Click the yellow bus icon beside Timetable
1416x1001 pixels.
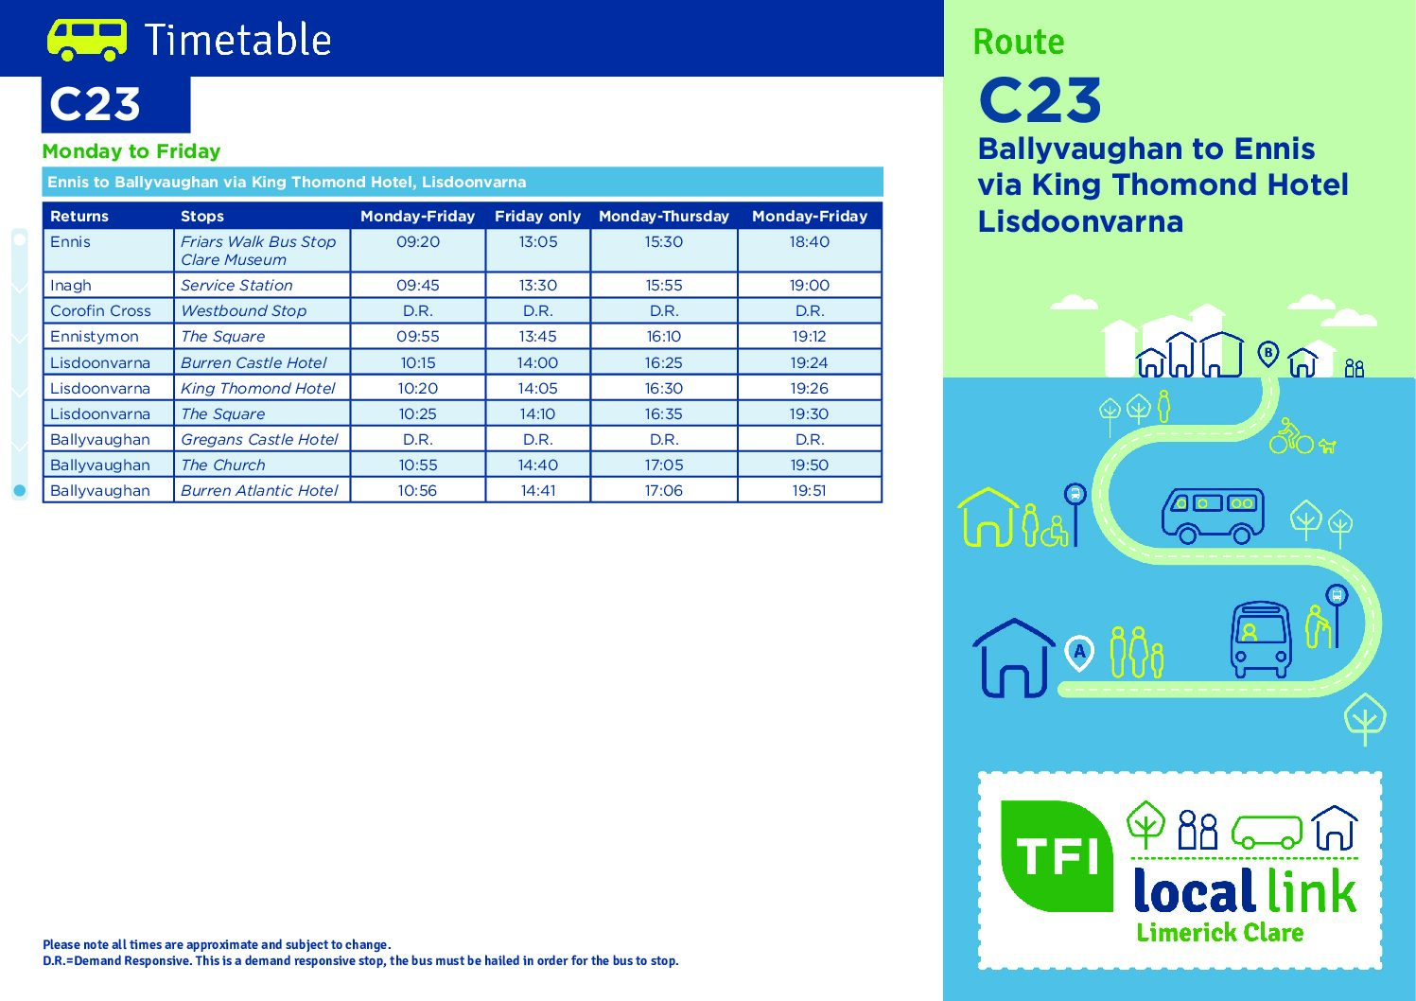[x=87, y=39]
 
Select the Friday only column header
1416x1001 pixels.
[x=537, y=217]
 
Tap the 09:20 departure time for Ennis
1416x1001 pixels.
[x=418, y=241]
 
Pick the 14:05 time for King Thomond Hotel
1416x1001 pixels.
[x=538, y=388]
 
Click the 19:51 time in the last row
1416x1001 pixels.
[x=809, y=491]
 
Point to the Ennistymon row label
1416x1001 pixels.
[x=95, y=337]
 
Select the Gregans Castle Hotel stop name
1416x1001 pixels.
[x=259, y=440]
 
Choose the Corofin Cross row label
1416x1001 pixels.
[x=100, y=311]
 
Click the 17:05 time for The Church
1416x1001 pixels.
[x=664, y=465]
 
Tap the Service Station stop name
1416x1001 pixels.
[x=236, y=285]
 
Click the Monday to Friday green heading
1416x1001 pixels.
[x=131, y=151]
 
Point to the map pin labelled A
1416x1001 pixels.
[x=1079, y=653]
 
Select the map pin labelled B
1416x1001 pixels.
[x=1267, y=354]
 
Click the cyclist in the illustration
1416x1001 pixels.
[x=1291, y=435]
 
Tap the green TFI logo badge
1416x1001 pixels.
[x=1057, y=856]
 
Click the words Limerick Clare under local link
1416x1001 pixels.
[x=1219, y=933]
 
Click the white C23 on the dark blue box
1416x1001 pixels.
[x=95, y=104]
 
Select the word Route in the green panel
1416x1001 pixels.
[x=1019, y=43]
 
